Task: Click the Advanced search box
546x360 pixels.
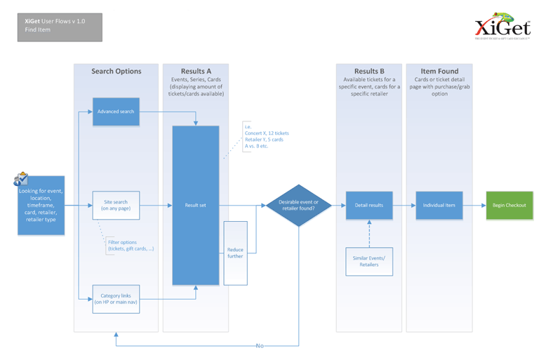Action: pyautogui.click(x=116, y=112)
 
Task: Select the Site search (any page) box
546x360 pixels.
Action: pyautogui.click(x=116, y=205)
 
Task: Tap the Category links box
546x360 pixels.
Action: pyautogui.click(x=116, y=299)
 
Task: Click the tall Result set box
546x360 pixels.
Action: pyautogui.click(x=196, y=206)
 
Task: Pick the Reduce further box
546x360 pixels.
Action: pyautogui.click(x=235, y=253)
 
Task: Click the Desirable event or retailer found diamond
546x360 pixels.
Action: pyautogui.click(x=299, y=206)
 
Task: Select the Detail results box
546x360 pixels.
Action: pyautogui.click(x=368, y=206)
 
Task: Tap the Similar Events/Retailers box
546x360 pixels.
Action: pyautogui.click(x=368, y=261)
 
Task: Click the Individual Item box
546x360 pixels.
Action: pyautogui.click(x=439, y=206)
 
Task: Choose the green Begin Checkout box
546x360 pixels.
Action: pyautogui.click(x=509, y=206)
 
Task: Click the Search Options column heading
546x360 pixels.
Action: pyautogui.click(x=116, y=72)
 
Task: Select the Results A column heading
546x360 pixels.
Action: pyautogui.click(x=196, y=72)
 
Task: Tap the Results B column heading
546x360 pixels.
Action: pyautogui.click(x=368, y=72)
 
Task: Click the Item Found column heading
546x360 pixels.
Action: pyautogui.click(x=439, y=72)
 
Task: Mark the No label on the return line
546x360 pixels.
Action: pyautogui.click(x=260, y=346)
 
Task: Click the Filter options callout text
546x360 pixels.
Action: pyautogui.click(x=130, y=246)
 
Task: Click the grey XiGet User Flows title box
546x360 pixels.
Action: pyautogui.click(x=60, y=27)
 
